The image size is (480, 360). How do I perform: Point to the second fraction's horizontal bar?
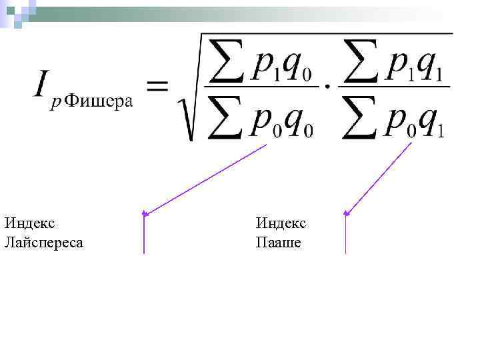point(394,85)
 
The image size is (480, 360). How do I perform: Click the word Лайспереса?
point(43,242)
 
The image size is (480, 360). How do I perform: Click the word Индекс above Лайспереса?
point(29,222)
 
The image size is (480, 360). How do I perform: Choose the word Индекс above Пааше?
point(281,222)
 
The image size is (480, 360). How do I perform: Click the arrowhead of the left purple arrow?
point(145,213)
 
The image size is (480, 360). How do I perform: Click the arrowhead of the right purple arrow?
point(346,213)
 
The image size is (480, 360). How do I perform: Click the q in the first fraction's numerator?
point(293,63)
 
